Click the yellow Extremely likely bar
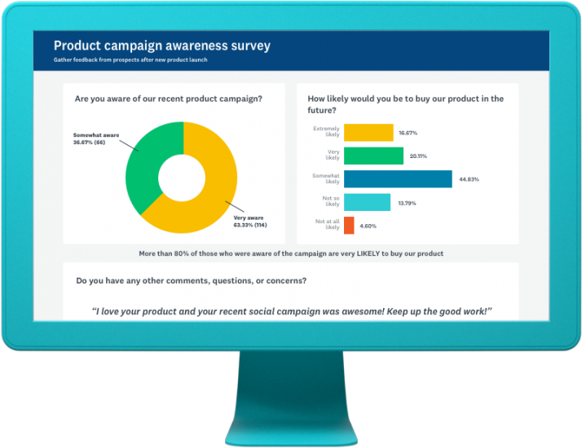point(368,133)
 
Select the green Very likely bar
point(373,156)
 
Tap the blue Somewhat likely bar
point(398,179)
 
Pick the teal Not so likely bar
point(367,202)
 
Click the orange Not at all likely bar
point(349,225)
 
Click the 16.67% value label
point(408,133)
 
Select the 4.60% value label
point(370,226)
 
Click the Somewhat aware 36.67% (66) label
point(97,138)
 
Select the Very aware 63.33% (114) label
point(250,222)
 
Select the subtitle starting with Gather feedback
point(130,61)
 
